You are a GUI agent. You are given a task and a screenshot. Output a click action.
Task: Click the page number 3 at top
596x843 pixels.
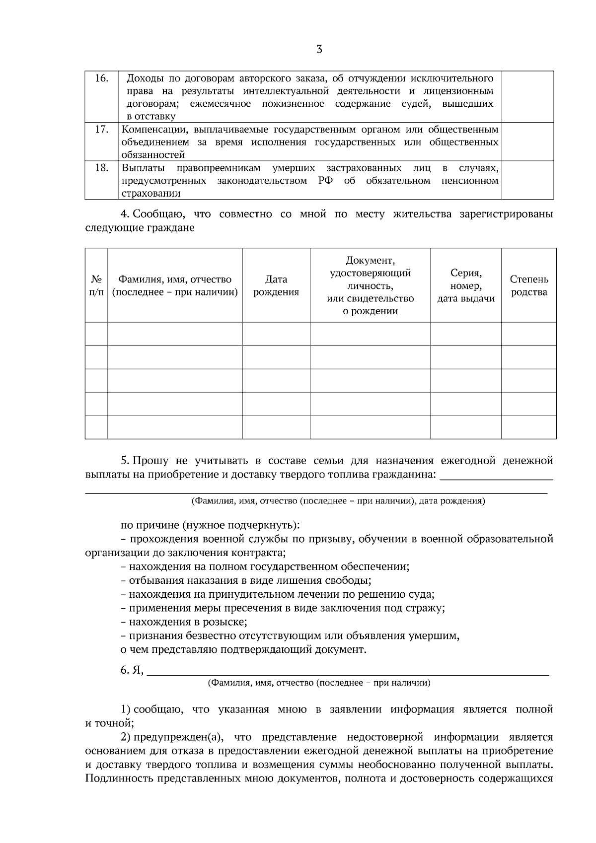[319, 49]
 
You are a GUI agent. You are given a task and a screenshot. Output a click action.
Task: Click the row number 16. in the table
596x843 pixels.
[101, 78]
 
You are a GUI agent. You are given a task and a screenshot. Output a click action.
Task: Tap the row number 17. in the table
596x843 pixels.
[101, 129]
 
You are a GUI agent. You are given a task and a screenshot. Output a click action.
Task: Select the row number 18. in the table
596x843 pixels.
[101, 167]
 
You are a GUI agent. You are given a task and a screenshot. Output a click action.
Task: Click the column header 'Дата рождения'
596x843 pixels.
[276, 285]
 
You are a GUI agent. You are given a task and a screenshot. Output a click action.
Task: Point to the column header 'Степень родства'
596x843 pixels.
[529, 285]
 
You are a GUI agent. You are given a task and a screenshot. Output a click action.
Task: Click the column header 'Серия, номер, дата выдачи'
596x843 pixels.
[466, 285]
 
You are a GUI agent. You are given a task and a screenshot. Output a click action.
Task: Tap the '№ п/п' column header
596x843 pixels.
[96, 285]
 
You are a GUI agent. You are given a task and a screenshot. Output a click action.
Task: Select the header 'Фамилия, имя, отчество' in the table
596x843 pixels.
[175, 285]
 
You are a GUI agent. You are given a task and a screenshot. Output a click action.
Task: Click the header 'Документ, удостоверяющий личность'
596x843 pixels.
[370, 285]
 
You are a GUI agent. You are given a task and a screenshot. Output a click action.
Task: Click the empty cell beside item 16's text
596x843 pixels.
[527, 97]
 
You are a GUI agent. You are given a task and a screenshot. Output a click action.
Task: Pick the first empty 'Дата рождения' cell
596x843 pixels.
[276, 334]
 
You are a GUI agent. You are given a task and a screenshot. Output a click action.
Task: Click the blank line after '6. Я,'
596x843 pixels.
[348, 671]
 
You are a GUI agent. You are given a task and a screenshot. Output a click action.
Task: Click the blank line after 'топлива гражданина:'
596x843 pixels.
[497, 476]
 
